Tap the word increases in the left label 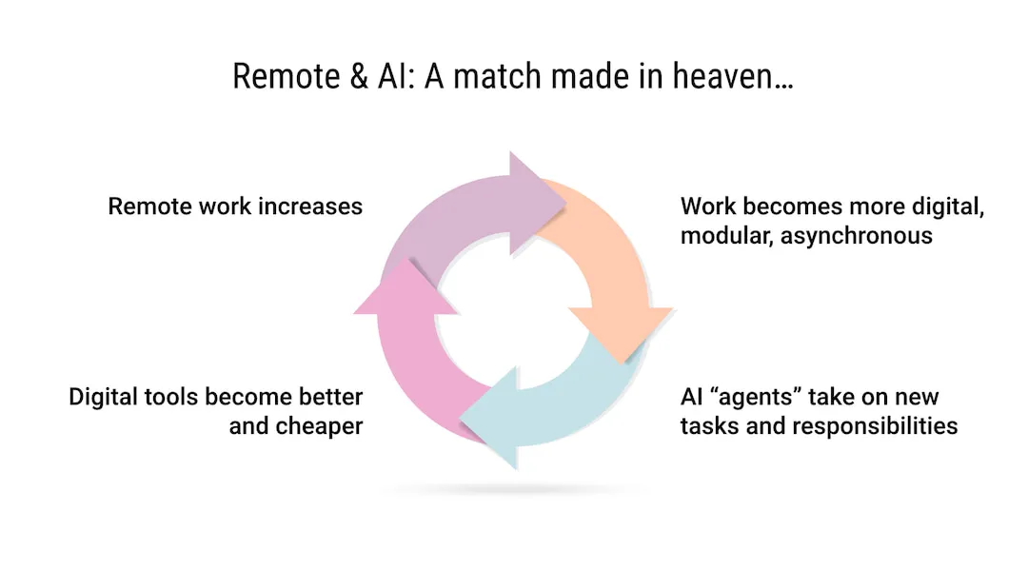(x=314, y=206)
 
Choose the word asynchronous (x=857, y=236)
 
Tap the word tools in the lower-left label (x=175, y=396)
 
